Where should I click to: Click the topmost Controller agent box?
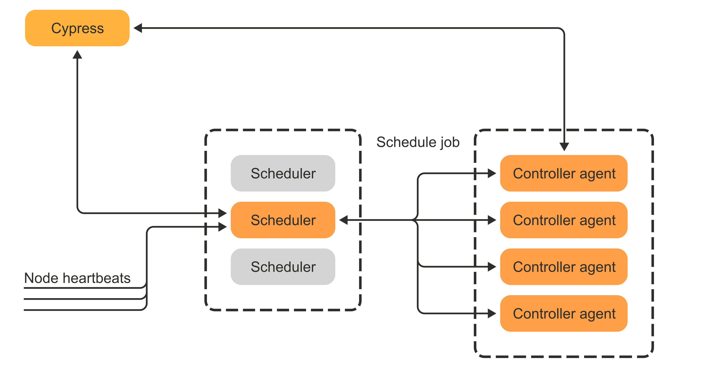(564, 173)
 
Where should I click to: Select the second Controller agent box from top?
(564, 220)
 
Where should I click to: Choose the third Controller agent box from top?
(564, 267)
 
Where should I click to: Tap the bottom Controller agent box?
(564, 313)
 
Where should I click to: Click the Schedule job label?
(418, 142)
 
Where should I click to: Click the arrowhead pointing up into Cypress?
(77, 55)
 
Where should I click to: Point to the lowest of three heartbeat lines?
(82, 310)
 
